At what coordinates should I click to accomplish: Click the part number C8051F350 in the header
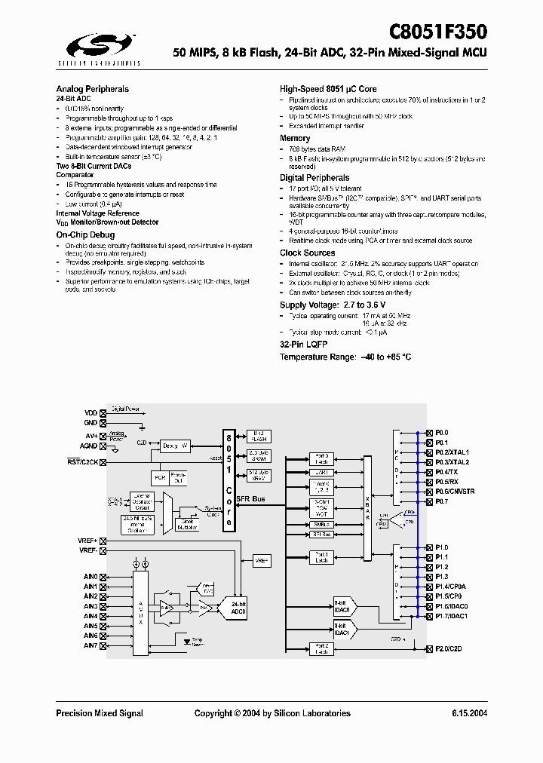[437, 32]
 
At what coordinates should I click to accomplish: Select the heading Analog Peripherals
[92, 89]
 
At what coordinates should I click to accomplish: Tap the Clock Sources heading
[307, 253]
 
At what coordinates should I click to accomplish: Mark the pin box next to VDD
[103, 413]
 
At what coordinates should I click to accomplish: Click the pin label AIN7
[90, 645]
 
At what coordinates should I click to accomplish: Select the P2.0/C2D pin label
[449, 648]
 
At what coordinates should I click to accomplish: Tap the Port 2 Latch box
[322, 648]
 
